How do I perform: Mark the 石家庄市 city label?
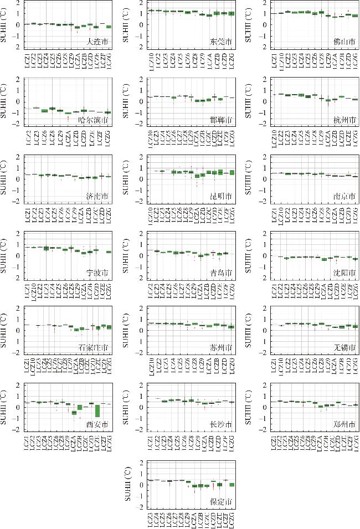(x=95, y=348)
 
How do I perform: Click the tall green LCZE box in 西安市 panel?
(x=97, y=410)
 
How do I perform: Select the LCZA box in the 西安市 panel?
(x=74, y=413)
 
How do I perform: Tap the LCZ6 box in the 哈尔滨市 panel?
(x=44, y=111)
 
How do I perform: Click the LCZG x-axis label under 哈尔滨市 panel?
(x=109, y=137)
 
